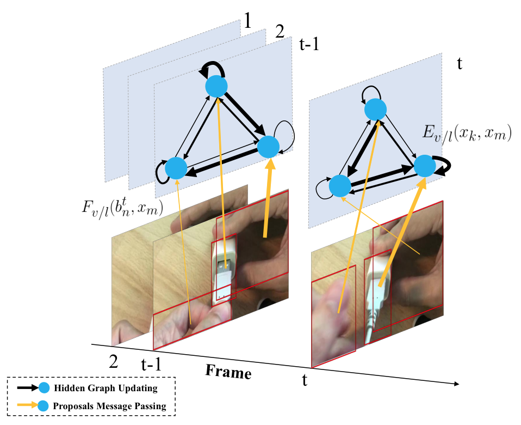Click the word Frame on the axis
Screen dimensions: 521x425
[228, 372]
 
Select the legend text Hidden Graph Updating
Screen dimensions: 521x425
[106, 388]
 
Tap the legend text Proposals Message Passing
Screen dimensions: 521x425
[109, 406]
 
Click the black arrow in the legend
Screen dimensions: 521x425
[28, 388]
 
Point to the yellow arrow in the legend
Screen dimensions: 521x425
[27, 405]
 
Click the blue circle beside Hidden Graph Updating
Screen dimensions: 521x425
[44, 388]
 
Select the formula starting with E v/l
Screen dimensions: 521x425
[467, 134]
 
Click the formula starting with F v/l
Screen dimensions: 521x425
[122, 208]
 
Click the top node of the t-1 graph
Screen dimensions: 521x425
[216, 86]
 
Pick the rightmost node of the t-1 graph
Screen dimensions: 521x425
[268, 147]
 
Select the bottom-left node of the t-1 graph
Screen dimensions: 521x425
[176, 168]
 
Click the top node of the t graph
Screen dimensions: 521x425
[375, 109]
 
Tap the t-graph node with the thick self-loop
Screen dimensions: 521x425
[425, 166]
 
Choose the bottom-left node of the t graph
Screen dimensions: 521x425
[340, 186]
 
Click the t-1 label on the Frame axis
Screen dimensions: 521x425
[151, 364]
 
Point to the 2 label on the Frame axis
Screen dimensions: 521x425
[113, 361]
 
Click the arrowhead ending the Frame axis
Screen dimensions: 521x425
[457, 384]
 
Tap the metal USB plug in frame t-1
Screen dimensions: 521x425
[224, 266]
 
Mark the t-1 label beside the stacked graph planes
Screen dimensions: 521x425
[309, 44]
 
